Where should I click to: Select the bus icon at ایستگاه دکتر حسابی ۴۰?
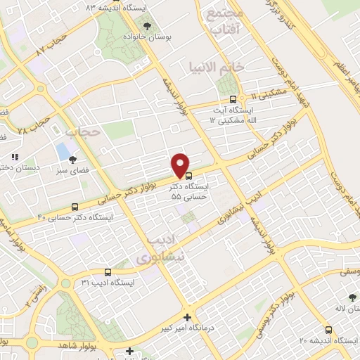click(x=75, y=207)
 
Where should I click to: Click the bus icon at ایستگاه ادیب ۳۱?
click(x=108, y=271)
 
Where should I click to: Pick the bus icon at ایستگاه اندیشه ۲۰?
click(x=329, y=330)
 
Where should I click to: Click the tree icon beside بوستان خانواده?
click(x=147, y=25)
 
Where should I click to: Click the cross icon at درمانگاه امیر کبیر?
click(x=186, y=317)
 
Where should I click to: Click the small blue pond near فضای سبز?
click(x=63, y=150)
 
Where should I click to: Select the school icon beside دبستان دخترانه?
click(x=14, y=157)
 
